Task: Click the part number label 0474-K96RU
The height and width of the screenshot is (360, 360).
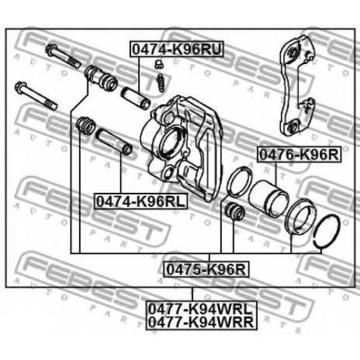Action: click(x=176, y=49)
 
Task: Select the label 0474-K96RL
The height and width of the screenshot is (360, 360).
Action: click(x=141, y=201)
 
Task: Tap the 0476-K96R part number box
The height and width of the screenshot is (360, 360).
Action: click(x=300, y=155)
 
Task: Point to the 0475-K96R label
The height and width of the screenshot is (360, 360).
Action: click(x=207, y=269)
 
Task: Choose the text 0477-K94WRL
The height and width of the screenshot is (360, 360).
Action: click(x=201, y=309)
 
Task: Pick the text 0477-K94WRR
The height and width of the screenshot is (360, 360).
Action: click(x=201, y=322)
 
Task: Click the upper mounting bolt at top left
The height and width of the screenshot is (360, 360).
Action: click(x=63, y=55)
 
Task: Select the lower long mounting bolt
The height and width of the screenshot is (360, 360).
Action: click(x=36, y=96)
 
